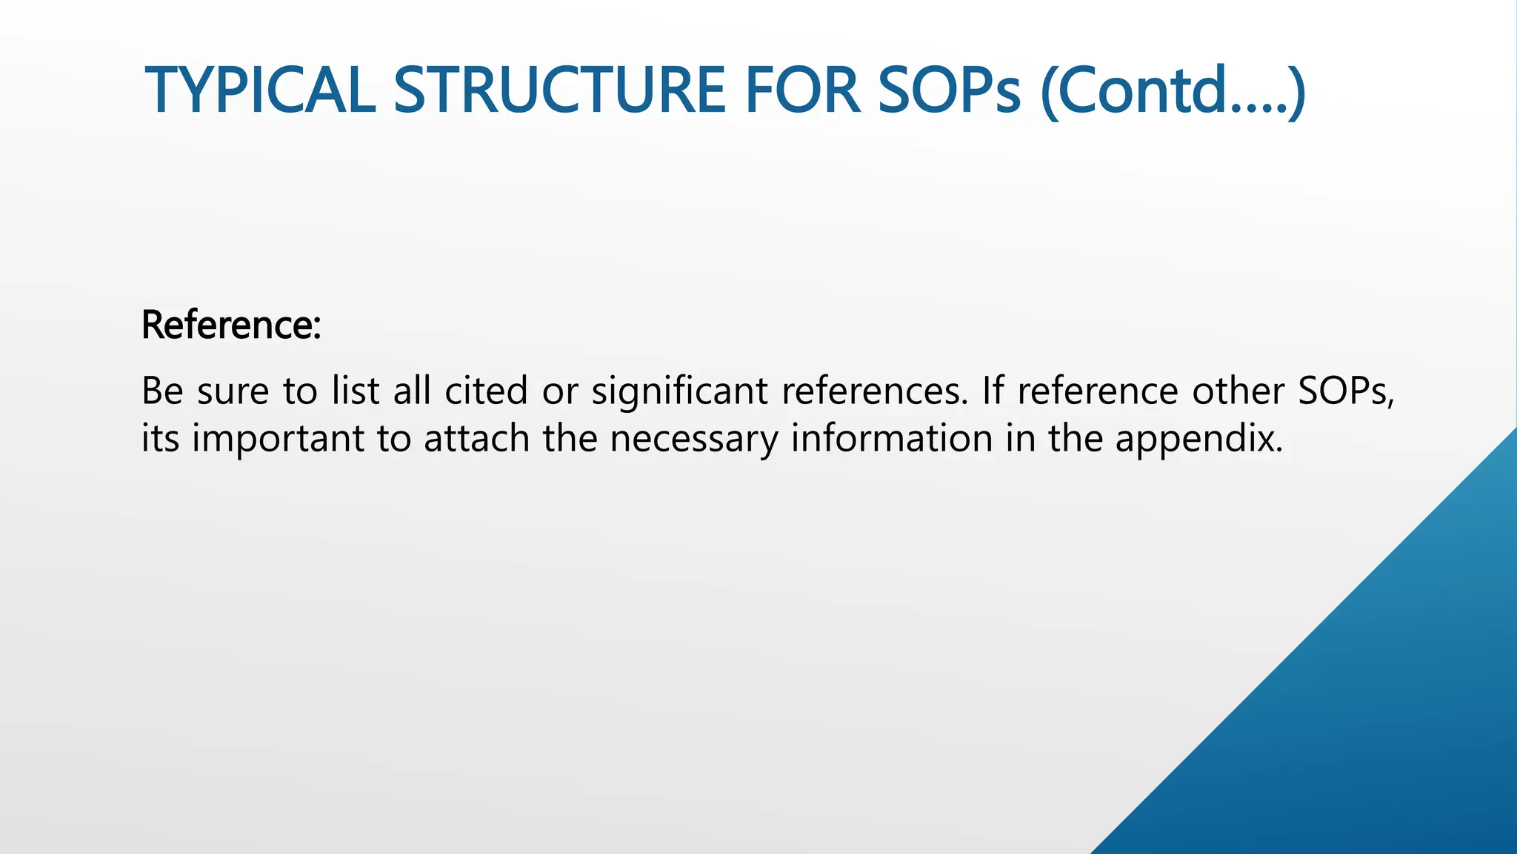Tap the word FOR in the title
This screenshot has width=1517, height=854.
pyautogui.click(x=801, y=90)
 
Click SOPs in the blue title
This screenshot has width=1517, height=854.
pyautogui.click(x=950, y=90)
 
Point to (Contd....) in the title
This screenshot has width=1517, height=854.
pyautogui.click(x=1173, y=92)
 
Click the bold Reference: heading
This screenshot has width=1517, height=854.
pyautogui.click(x=231, y=325)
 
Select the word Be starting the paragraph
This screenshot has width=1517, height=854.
pyautogui.click(x=162, y=391)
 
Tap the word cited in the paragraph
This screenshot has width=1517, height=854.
pyautogui.click(x=486, y=391)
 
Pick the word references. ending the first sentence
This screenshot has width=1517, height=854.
pyautogui.click(x=875, y=391)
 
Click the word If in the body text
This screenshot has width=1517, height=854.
pyautogui.click(x=993, y=391)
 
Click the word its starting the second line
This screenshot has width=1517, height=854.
pyautogui.click(x=160, y=438)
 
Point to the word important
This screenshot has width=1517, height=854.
pyautogui.click(x=278, y=440)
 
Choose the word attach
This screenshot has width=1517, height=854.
pyautogui.click(x=476, y=438)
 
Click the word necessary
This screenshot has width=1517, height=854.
pyautogui.click(x=694, y=440)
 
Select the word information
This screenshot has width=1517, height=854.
pyautogui.click(x=892, y=438)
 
